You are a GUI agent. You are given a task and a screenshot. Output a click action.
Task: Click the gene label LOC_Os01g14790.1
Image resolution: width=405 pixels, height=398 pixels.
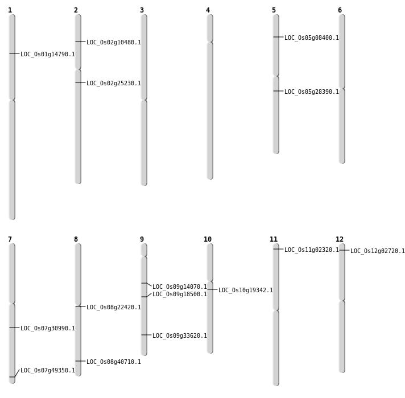coord(48,54)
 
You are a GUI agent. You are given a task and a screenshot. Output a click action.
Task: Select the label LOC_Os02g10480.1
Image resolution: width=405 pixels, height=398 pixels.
coord(114,42)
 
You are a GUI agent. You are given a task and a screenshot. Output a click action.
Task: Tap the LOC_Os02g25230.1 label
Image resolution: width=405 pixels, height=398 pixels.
coord(114,84)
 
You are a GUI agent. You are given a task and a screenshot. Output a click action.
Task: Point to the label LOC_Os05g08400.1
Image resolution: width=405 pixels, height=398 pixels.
coord(312,38)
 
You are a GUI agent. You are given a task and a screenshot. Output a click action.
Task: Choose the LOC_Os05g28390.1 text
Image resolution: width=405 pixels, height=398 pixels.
coord(312,92)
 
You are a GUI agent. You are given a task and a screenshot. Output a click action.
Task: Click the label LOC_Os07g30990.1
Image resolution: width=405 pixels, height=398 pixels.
coord(48,328)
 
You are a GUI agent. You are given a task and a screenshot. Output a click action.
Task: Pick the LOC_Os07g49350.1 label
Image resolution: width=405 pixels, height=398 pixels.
coord(48,370)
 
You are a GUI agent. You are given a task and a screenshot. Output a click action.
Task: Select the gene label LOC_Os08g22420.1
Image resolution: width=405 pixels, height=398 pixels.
coord(114,307)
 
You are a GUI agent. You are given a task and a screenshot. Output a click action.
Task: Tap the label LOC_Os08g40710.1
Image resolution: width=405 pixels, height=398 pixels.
coord(114,362)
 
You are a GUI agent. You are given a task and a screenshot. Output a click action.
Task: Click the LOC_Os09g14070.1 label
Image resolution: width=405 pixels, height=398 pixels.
coord(180,287)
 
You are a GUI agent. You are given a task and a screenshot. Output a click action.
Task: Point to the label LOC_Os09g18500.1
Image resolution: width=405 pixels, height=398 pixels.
coord(180,295)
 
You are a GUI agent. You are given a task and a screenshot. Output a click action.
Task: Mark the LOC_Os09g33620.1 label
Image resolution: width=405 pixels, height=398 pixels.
coord(180,336)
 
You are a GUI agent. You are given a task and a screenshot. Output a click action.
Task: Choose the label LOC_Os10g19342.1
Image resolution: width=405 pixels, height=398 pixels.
coord(246,290)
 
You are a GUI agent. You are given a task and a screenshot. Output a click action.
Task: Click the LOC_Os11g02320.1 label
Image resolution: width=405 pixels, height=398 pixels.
coord(312,250)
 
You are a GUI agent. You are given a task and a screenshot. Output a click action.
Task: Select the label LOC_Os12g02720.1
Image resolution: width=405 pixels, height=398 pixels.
coord(378,251)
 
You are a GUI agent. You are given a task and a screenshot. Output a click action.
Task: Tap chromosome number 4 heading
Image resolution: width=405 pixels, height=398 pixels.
coord(208,10)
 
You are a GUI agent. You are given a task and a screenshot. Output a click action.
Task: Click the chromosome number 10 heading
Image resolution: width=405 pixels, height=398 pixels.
coord(208,239)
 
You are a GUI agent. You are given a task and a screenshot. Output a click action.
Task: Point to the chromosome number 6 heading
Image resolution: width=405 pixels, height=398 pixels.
coord(340,10)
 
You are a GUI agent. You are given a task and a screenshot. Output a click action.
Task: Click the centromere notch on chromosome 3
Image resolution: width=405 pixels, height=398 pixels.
coord(144,100)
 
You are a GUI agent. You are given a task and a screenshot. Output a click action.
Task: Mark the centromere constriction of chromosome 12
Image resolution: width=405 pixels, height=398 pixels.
coord(342,300)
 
